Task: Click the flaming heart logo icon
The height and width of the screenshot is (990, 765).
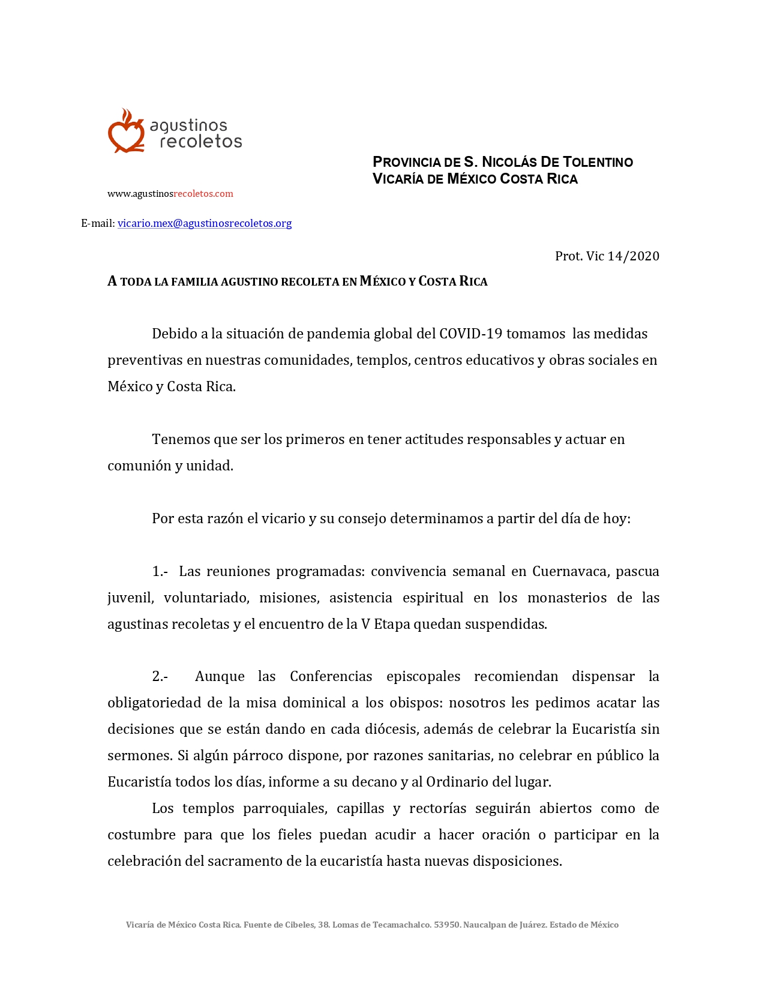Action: click(x=126, y=131)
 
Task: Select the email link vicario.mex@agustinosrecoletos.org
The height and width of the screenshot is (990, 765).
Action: click(x=205, y=223)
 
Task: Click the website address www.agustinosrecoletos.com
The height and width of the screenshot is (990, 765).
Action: click(x=170, y=194)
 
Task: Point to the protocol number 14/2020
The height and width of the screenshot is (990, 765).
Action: click(x=633, y=256)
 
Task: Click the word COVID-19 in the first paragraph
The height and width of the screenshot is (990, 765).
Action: click(x=470, y=334)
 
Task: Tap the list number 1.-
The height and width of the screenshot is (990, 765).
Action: click(x=160, y=571)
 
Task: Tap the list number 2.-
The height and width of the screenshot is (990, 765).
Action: click(x=160, y=677)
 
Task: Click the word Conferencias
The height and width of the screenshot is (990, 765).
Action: click(x=331, y=677)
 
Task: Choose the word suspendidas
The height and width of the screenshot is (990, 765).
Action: click(x=512, y=624)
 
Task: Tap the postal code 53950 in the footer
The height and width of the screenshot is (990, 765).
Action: click(x=447, y=925)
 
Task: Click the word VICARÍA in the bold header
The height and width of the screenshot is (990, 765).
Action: click(x=398, y=179)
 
